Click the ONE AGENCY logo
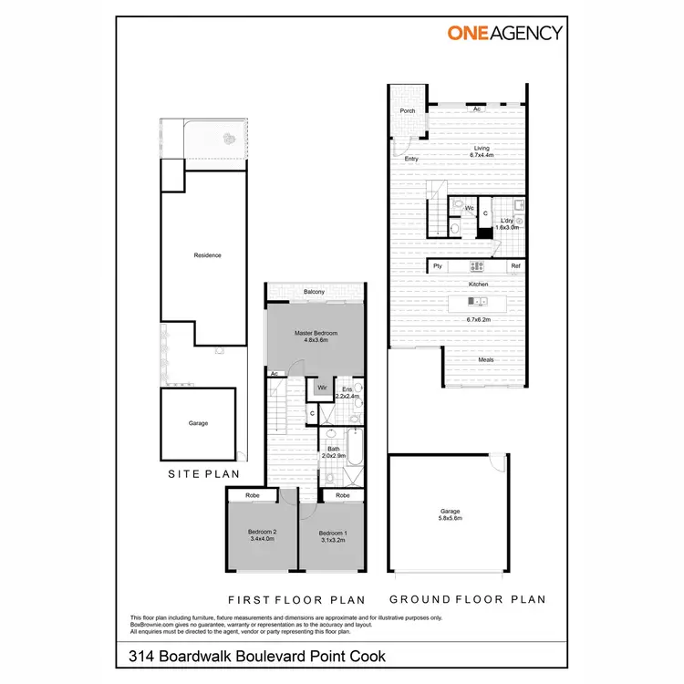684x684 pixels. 504,33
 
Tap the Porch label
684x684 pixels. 408,111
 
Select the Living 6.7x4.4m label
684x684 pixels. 481,151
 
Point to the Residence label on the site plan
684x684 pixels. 208,255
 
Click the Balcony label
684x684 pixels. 315,292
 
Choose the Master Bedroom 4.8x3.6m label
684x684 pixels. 316,337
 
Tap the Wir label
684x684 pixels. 321,388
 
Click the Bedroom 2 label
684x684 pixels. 262,535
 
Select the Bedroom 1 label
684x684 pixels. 332,535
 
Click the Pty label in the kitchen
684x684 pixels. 438,266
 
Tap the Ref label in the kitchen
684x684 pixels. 515,266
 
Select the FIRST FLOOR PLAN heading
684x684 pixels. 296,599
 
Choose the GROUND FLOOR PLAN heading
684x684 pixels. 467,599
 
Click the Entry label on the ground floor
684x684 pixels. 411,160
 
